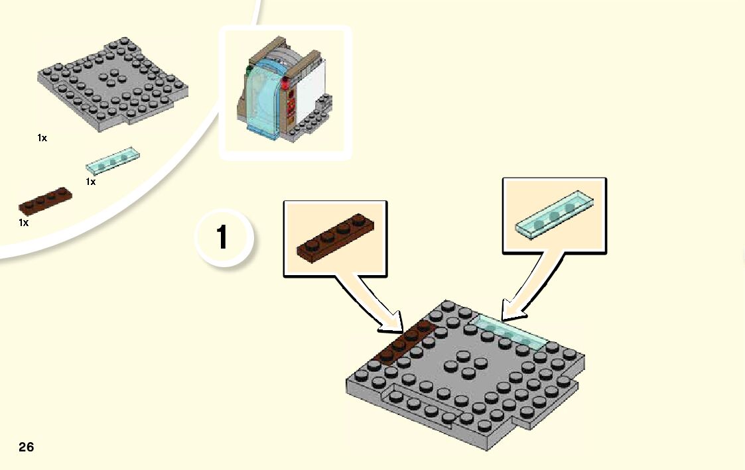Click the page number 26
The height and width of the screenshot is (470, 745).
26,447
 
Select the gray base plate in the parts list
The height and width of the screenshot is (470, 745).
113,84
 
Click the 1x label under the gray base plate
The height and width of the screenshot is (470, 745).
42,139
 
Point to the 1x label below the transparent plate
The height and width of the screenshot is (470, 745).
91,182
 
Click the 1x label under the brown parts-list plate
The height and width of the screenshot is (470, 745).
24,223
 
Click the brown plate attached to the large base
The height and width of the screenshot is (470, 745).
404,343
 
